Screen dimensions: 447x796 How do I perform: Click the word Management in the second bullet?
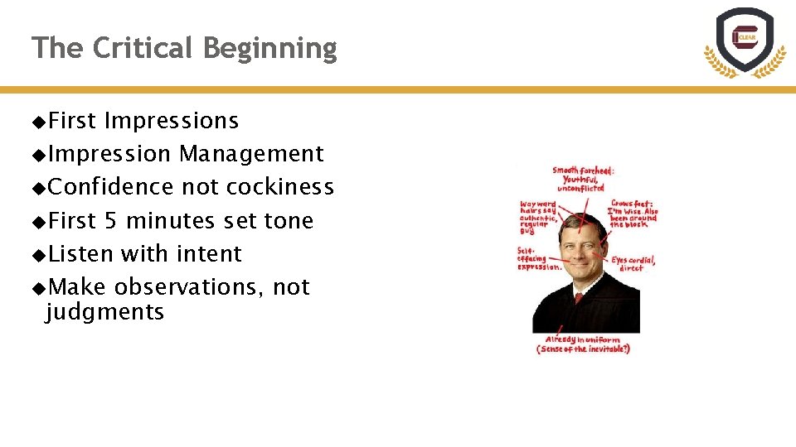click(251, 154)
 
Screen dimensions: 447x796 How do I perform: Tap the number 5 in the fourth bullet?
click(110, 221)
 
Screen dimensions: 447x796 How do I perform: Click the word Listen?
click(80, 253)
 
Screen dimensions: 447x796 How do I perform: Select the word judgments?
click(105, 312)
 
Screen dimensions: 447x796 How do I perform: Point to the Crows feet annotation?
click(633, 214)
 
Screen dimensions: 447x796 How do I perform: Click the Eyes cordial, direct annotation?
click(633, 263)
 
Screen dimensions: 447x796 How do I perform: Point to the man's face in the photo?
click(580, 248)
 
